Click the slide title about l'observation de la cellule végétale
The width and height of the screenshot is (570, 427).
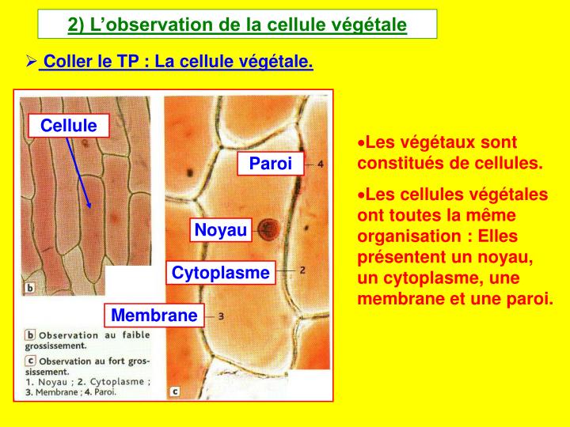[x=237, y=25]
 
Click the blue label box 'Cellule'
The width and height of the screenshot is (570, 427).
[x=68, y=125]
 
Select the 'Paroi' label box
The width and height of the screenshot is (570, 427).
[x=271, y=164]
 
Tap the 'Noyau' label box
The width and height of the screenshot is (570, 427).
[x=221, y=230]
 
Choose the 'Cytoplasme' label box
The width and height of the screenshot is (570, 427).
[x=221, y=273]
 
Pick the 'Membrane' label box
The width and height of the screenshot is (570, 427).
[x=154, y=316]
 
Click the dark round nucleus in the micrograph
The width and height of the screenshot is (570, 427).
[x=268, y=229]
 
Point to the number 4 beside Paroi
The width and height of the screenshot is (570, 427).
[x=320, y=164]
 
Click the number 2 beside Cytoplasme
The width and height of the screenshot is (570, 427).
[x=302, y=270]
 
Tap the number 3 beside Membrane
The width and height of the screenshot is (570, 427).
[x=221, y=316]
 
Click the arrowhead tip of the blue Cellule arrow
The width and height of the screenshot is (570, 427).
[x=90, y=207]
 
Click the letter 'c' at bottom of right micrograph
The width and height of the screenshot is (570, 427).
[x=175, y=391]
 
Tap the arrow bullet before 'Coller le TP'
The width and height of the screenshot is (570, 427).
[x=32, y=61]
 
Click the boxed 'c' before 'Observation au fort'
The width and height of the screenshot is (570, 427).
[x=29, y=360]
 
